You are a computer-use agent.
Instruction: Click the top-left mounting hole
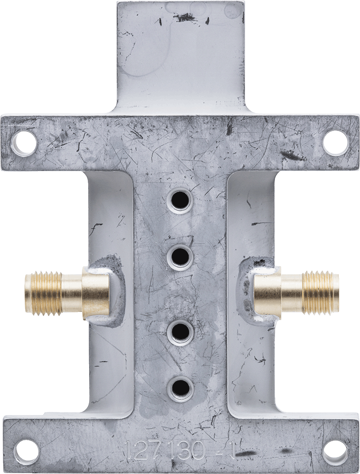click(25, 142)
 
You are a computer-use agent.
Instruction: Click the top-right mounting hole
click(335, 142)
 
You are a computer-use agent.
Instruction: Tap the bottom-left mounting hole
click(27, 451)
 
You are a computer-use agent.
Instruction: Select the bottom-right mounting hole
click(335, 451)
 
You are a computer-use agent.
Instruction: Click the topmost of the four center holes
click(180, 200)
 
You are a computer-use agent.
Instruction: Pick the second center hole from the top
click(180, 257)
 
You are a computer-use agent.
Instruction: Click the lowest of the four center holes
click(180, 388)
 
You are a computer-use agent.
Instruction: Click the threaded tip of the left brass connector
click(43, 293)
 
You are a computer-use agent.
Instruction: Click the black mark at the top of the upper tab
click(185, 18)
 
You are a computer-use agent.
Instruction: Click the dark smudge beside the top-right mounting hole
click(292, 156)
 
